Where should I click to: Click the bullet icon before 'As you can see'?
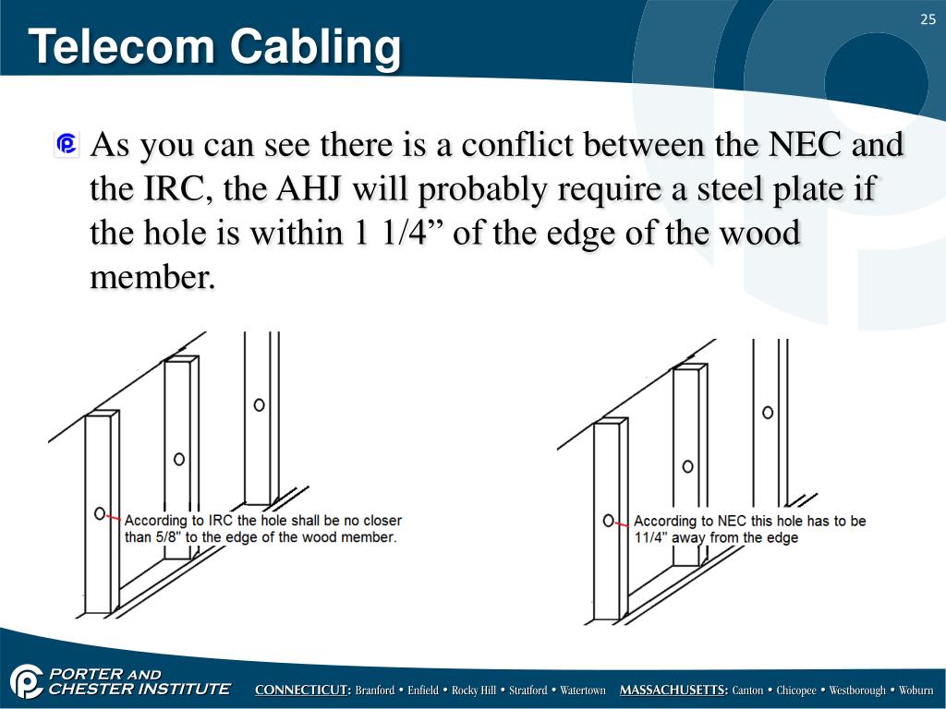pyautogui.click(x=67, y=145)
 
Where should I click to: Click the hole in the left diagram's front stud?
pyautogui.click(x=99, y=513)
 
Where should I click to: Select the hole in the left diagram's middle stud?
pyautogui.click(x=179, y=458)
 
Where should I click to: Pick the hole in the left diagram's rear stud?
pyautogui.click(x=260, y=404)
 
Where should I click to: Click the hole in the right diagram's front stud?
pyautogui.click(x=608, y=521)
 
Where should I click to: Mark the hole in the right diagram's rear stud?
pyautogui.click(x=768, y=413)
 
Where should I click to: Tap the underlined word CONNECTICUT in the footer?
pyautogui.click(x=302, y=691)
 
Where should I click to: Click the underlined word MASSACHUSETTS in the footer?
pyautogui.click(x=673, y=691)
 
